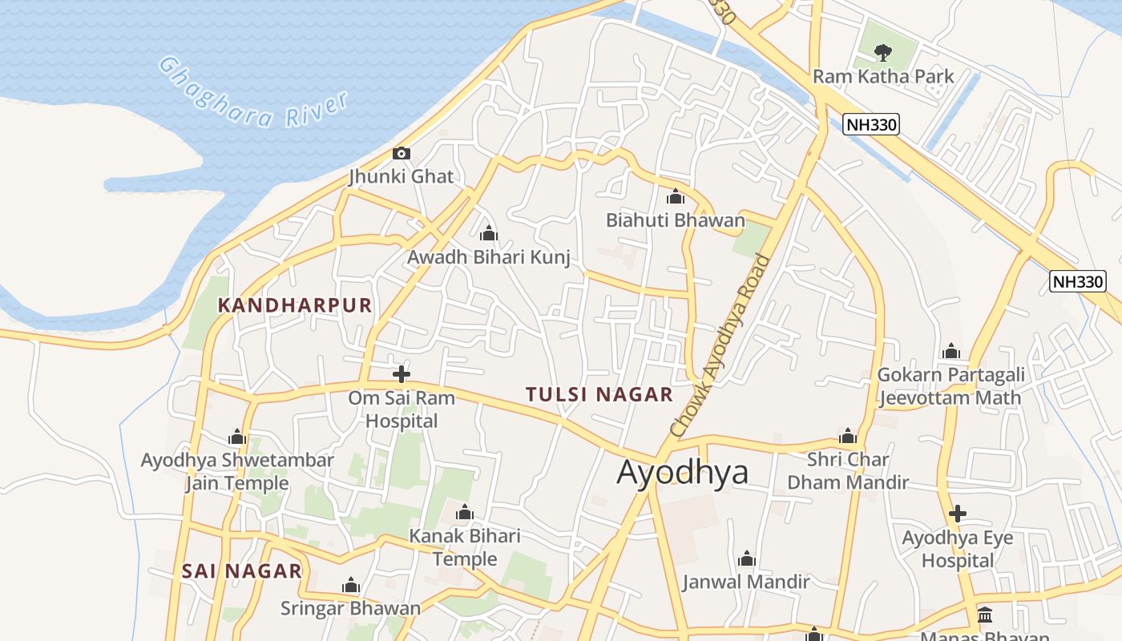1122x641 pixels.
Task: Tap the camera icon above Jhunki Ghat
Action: tap(401, 153)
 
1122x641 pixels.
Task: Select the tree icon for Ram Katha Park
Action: tap(883, 53)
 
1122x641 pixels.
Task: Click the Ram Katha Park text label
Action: tap(883, 76)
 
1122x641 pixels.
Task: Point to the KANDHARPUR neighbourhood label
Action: tap(295, 305)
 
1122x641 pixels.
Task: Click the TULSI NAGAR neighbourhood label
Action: tap(599, 394)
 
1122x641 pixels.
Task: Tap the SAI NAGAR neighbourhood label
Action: tap(241, 571)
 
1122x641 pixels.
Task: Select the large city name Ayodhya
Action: tap(682, 472)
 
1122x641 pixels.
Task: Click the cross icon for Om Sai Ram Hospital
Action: tap(401, 374)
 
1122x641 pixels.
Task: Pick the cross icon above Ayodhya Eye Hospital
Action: tap(957, 514)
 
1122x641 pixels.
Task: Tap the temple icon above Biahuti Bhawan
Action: tap(676, 196)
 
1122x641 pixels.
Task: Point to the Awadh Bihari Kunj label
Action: tap(489, 257)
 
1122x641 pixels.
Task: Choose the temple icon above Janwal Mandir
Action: tap(746, 558)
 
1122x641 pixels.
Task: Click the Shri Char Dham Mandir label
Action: tap(848, 471)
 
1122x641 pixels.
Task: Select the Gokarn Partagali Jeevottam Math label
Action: tap(950, 386)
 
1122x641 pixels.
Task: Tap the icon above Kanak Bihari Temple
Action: tap(465, 513)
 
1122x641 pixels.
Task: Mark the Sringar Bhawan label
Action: tap(350, 608)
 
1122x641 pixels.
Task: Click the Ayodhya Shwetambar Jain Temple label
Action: tap(237, 472)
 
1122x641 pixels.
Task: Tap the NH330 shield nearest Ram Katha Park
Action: tap(871, 124)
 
